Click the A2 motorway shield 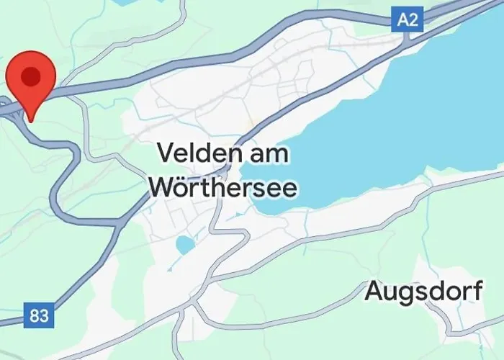[408, 20]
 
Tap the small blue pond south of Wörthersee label [185, 245]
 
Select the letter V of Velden [165, 153]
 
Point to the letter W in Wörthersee [161, 186]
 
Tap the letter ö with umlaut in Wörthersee [181, 186]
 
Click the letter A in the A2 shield [402, 20]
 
